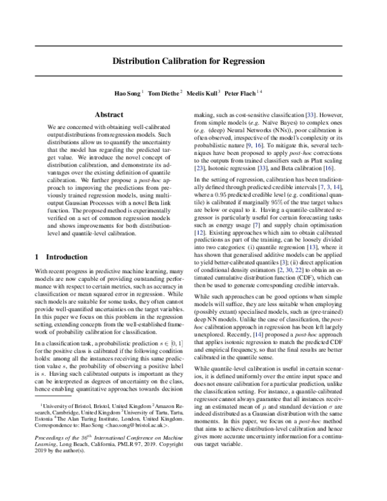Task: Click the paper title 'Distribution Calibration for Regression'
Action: pyautogui.click(x=193, y=60)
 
